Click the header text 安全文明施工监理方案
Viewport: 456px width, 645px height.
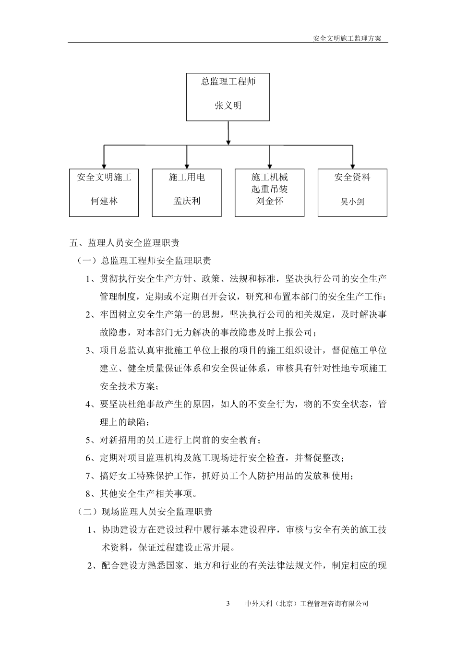click(347, 39)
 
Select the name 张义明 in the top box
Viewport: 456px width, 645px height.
click(228, 105)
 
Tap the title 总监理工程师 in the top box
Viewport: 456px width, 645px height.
click(228, 82)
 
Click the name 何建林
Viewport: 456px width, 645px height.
click(104, 201)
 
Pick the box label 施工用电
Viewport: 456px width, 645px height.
click(187, 178)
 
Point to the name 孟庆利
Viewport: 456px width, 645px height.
click(187, 201)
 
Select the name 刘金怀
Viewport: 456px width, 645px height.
click(270, 201)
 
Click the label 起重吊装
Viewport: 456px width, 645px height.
click(270, 189)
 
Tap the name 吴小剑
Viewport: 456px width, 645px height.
click(352, 202)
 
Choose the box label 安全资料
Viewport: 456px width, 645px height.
click(352, 178)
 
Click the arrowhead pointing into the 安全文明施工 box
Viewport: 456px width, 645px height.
click(104, 165)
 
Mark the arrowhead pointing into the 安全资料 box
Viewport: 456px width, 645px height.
click(353, 165)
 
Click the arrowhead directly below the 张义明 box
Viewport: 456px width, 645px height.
click(228, 141)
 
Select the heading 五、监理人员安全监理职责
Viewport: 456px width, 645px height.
click(125, 243)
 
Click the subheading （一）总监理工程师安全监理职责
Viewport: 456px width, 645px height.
click(144, 261)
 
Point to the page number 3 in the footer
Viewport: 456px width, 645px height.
click(228, 604)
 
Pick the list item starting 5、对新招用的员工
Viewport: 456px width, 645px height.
click(174, 440)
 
